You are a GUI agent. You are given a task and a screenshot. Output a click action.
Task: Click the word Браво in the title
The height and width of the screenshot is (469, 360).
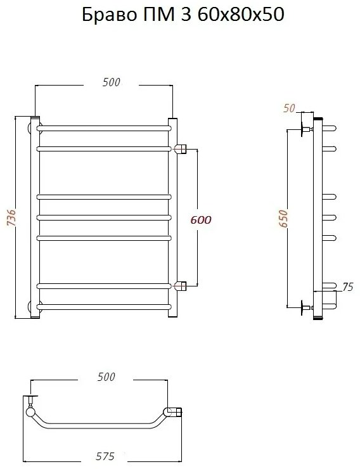click(110, 15)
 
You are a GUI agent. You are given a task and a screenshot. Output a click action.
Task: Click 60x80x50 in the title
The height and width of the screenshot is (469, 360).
click(241, 15)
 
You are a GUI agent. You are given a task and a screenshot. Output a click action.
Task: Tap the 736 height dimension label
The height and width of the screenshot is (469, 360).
click(11, 217)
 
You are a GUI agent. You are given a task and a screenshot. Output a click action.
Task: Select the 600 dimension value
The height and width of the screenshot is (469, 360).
click(201, 220)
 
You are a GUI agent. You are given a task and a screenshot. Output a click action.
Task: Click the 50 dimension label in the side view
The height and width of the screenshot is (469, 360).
click(289, 108)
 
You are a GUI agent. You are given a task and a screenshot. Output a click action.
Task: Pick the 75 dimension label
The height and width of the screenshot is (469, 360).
click(348, 286)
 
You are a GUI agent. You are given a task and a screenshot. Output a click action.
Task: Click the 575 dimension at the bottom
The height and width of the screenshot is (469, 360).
click(105, 456)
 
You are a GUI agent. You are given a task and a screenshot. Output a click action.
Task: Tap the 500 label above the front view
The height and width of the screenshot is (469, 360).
click(111, 82)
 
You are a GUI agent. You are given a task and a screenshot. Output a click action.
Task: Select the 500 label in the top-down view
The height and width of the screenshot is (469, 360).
click(106, 377)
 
